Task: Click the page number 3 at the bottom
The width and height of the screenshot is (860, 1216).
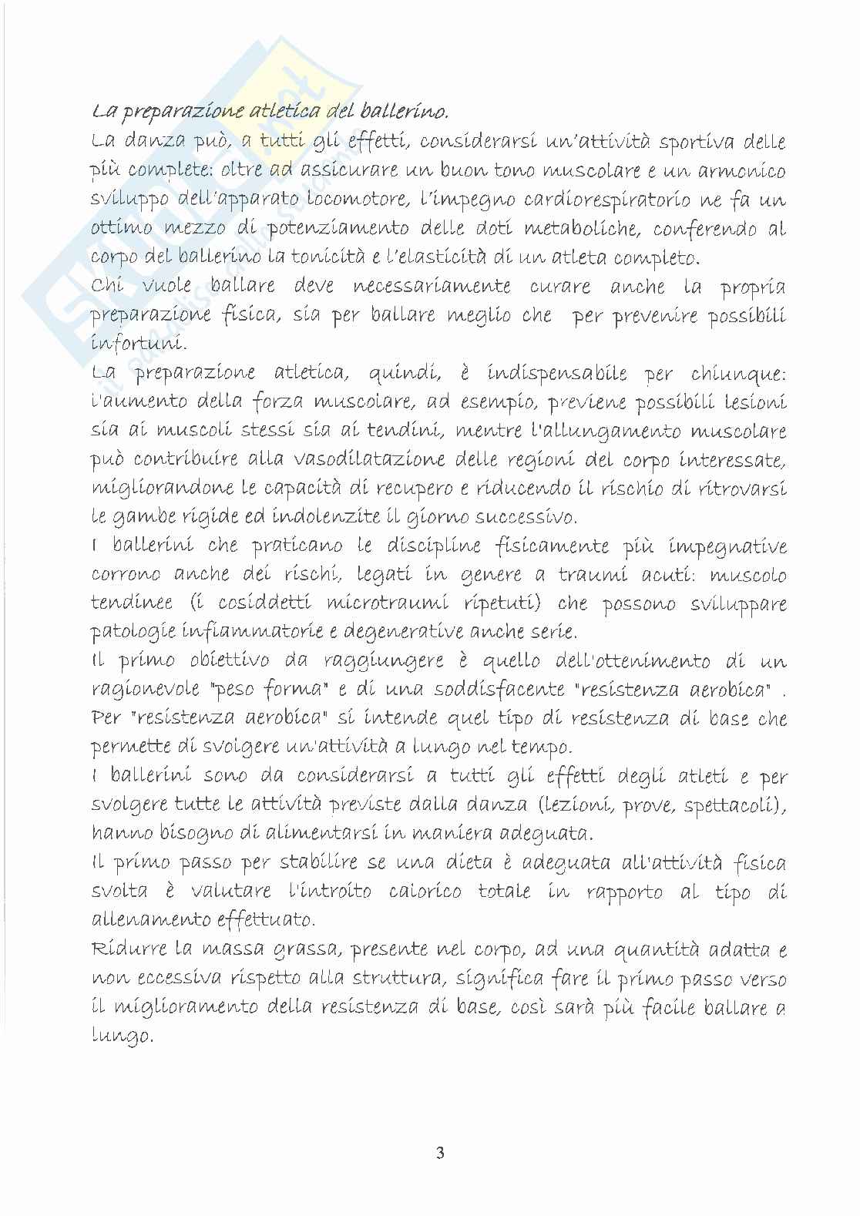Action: (x=440, y=1153)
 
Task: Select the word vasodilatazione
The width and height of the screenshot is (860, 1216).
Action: (x=365, y=459)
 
